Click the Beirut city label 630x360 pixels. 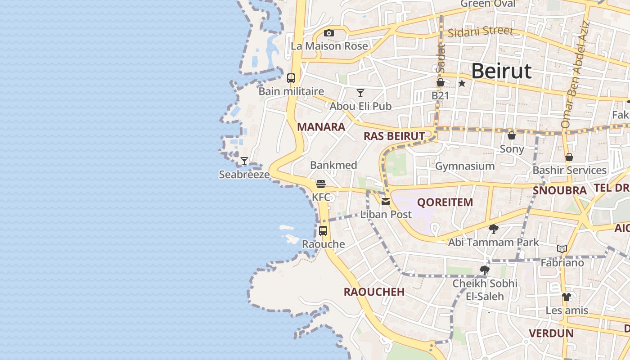pos(501,71)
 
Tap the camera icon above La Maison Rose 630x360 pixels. pos(329,33)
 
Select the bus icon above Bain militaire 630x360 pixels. pos(291,78)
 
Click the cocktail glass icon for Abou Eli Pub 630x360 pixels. pos(360,93)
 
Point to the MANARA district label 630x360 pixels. pos(321,127)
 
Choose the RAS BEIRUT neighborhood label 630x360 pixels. pos(394,136)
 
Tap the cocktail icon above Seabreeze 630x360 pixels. pos(244,161)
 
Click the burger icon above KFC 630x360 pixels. pos(321,184)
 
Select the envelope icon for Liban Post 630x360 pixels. pos(386,202)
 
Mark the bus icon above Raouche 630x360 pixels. pos(323,231)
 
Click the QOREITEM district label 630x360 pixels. pos(445,202)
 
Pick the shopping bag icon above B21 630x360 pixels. pos(441,82)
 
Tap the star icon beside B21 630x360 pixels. pos(462,83)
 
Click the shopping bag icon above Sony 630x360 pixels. pos(512,135)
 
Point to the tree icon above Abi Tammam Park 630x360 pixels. pos(493,229)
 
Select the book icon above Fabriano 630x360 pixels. pos(562,249)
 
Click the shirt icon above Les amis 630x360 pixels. pos(566,297)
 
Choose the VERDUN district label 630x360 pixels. pos(551,333)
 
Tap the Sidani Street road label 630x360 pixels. pos(480,31)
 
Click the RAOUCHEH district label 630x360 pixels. pos(374,292)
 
